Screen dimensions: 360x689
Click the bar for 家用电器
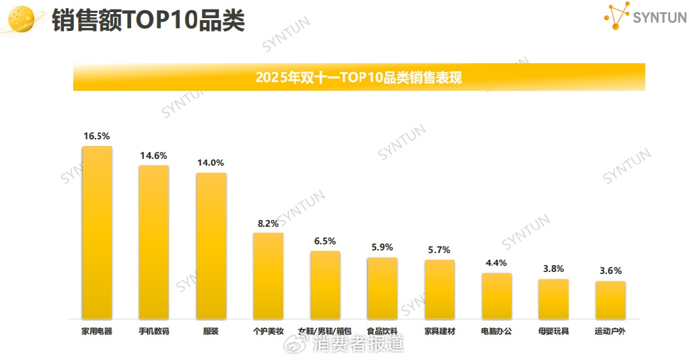click(x=97, y=232)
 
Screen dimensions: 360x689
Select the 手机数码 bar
click(x=153, y=242)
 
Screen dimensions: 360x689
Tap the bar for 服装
click(x=211, y=246)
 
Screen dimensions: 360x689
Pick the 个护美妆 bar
click(x=268, y=275)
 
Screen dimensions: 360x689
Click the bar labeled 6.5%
click(x=325, y=285)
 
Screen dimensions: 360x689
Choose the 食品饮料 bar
click(x=382, y=287)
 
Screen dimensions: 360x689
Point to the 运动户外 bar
click(x=610, y=299)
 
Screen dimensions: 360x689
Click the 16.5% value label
click(x=97, y=136)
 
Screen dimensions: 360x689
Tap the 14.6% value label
click(x=153, y=155)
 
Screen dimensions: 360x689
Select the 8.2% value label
click(x=268, y=223)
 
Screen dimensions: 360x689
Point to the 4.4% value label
click(x=497, y=263)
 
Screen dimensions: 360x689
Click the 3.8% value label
click(x=553, y=269)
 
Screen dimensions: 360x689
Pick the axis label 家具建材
click(x=439, y=331)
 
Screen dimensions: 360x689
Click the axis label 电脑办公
click(x=497, y=331)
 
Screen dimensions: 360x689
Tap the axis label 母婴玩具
click(x=553, y=331)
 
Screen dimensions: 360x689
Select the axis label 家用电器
click(x=97, y=331)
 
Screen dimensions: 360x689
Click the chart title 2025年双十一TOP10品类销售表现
click(x=359, y=77)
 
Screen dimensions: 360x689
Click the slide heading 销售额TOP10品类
click(x=148, y=20)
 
